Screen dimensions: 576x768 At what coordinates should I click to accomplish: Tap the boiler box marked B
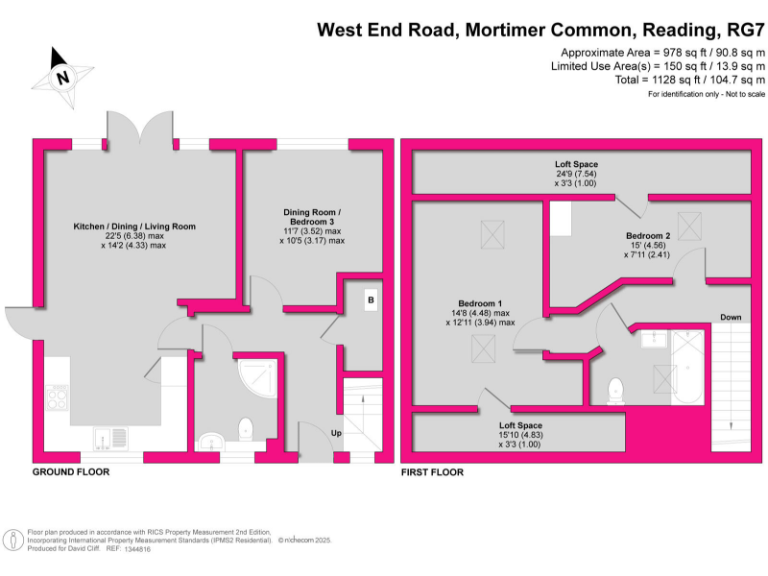click(x=370, y=299)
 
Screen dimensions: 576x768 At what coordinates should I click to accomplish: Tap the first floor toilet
click(x=616, y=389)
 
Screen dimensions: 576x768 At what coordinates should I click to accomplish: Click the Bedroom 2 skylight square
click(x=690, y=222)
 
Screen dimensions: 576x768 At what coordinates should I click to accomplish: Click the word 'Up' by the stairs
click(x=336, y=432)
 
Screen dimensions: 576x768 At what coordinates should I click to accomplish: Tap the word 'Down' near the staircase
click(x=730, y=318)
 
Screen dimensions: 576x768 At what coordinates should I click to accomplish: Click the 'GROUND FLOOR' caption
click(x=71, y=471)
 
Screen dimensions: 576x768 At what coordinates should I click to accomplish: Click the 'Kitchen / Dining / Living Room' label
click(x=134, y=226)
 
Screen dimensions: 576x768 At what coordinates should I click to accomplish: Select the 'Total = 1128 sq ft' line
click(x=690, y=79)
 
